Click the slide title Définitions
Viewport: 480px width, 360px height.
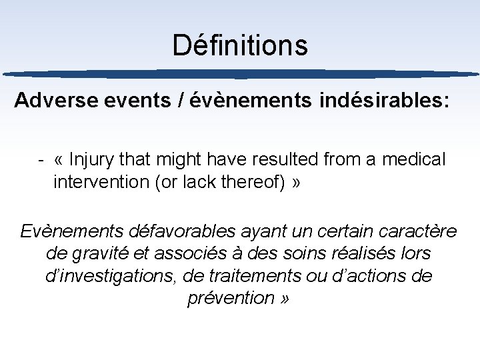point(240,45)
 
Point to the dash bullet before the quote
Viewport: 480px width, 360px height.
point(41,160)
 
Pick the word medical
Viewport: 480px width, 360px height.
point(413,160)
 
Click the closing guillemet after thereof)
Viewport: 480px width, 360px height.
point(296,182)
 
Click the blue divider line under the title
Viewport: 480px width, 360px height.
point(240,74)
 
